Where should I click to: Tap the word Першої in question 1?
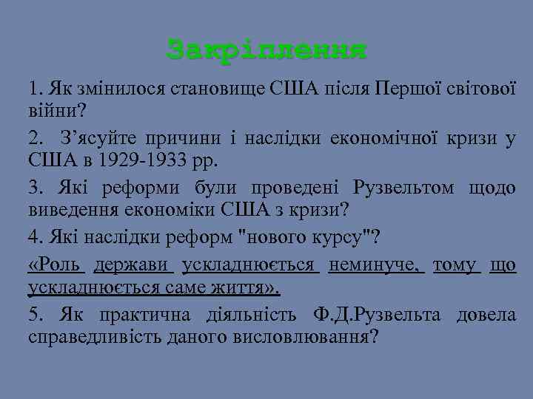pyautogui.click(x=406, y=90)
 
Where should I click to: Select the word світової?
pyautogui.click(x=478, y=90)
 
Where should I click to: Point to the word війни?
pyautogui.click(x=57, y=110)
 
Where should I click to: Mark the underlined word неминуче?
pyautogui.click(x=378, y=267)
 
